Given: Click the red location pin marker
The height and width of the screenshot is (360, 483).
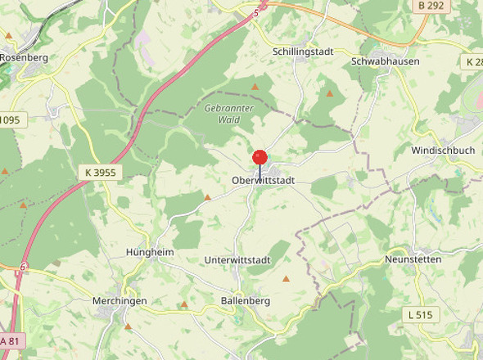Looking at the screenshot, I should tap(260, 158).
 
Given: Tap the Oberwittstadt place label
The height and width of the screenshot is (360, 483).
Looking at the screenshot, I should tap(263, 180).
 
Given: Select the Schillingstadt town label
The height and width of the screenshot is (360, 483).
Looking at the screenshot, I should tap(302, 51).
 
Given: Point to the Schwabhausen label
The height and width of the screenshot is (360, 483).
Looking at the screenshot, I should tap(385, 61).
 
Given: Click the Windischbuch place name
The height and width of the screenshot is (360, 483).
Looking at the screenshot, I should tap(443, 151).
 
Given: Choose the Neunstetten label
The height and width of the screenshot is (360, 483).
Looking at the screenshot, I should tap(413, 259).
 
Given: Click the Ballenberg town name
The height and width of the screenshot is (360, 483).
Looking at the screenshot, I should tap(246, 301).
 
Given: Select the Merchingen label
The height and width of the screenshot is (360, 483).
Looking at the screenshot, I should tap(120, 301).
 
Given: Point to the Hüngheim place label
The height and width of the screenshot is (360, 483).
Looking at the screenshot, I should tap(150, 253).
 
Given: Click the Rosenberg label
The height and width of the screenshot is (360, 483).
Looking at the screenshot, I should tap(25, 58).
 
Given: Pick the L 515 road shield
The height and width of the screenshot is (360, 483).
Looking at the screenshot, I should tap(422, 314).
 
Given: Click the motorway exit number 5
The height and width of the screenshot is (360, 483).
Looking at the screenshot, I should tap(255, 13).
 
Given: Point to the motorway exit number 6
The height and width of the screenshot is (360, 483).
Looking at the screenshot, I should tap(24, 268).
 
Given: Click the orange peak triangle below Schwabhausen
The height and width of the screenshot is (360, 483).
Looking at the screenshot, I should tap(330, 93).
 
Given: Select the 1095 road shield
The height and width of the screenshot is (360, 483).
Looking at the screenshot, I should tap(9, 119).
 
